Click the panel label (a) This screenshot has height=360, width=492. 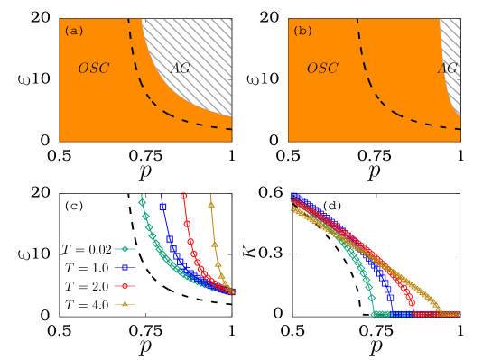[74, 31]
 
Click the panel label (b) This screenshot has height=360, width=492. [302, 31]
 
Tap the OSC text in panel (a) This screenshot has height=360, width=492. [94, 69]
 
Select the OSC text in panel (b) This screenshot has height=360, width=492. [322, 69]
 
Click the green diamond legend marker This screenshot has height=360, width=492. [125, 249]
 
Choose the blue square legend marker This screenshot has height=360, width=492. [125, 267]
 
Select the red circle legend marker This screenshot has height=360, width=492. [125, 285]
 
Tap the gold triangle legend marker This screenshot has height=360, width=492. [125, 303]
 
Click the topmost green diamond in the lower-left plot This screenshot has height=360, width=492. [142, 202]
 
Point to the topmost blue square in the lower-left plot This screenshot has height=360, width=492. [163, 207]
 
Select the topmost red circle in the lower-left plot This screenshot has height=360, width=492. [183, 196]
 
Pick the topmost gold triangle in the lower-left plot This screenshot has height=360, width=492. [211, 204]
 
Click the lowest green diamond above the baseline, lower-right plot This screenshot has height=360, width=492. [370, 298]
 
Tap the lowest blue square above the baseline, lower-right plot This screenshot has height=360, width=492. [390, 297]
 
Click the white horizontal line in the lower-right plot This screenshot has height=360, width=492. [327, 314]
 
